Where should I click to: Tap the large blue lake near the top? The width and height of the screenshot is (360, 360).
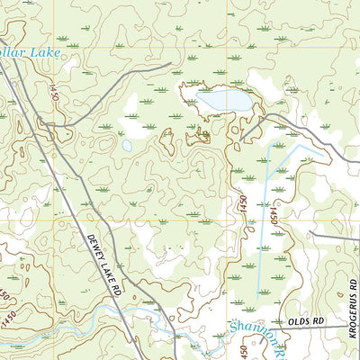pyautogui.click(x=224, y=100)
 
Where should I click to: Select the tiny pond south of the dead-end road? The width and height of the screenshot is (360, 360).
pyautogui.click(x=127, y=145)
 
